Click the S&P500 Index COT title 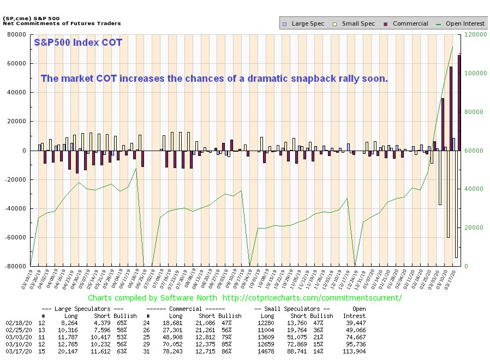click(78, 43)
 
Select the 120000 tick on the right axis click(472, 34)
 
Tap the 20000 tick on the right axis click(470, 227)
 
